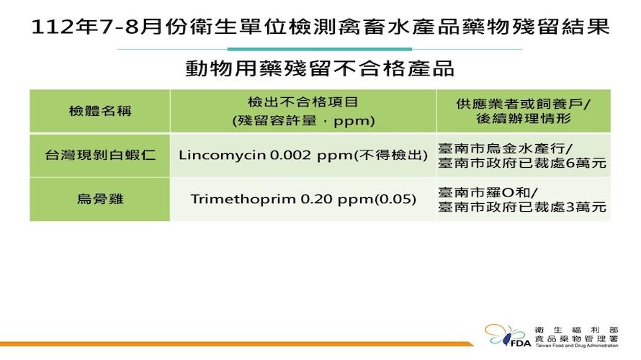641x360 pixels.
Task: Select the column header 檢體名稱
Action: (100, 111)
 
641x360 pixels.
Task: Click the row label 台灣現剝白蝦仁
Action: (100, 156)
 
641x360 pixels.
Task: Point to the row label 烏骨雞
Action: (100, 199)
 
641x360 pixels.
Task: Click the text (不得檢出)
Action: (390, 156)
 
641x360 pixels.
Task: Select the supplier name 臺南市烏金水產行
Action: (501, 148)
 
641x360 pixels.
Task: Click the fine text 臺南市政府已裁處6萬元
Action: (522, 163)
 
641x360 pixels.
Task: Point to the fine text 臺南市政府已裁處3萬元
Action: (522, 207)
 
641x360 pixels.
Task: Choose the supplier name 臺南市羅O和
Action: (484, 192)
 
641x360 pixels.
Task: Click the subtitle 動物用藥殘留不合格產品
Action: (320, 68)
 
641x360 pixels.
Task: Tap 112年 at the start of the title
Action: (64, 27)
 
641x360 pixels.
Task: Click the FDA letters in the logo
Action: (521, 343)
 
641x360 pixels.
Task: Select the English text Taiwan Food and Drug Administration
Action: (576, 346)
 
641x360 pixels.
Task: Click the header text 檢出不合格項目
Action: (303, 102)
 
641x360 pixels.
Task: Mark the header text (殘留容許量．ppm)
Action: (303, 121)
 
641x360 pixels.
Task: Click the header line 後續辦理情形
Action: (524, 119)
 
